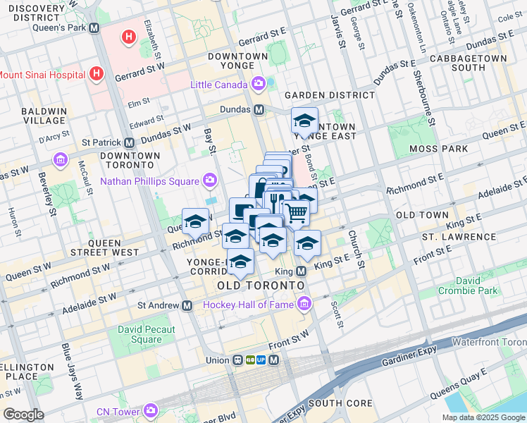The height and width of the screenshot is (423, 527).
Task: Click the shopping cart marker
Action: point(296,211)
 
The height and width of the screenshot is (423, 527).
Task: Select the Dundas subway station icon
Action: point(259,110)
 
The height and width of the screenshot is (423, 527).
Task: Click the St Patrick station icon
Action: point(129,142)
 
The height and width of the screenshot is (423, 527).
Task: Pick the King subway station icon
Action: point(302,271)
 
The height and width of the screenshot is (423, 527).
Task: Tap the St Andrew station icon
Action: point(187,306)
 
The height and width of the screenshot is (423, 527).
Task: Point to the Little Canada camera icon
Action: point(258,85)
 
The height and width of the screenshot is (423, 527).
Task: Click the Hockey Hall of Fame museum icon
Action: point(304,304)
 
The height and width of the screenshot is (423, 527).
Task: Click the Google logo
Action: point(23,414)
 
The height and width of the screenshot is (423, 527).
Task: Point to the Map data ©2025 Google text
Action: point(483,417)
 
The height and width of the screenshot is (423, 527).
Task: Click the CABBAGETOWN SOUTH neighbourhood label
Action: point(468,63)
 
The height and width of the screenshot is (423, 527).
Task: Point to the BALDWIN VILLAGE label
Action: point(44,116)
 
